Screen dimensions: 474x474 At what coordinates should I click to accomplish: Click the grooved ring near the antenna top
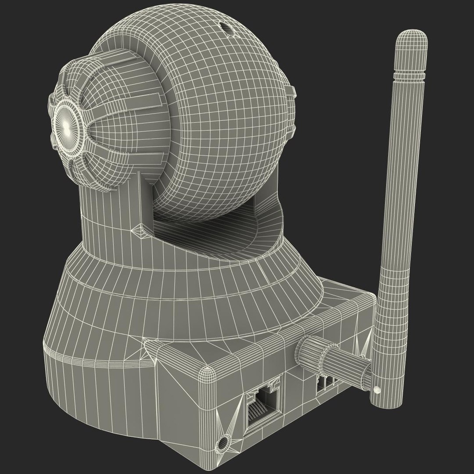coord(410,76)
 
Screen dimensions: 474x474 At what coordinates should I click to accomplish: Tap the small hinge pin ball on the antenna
coord(377,389)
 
